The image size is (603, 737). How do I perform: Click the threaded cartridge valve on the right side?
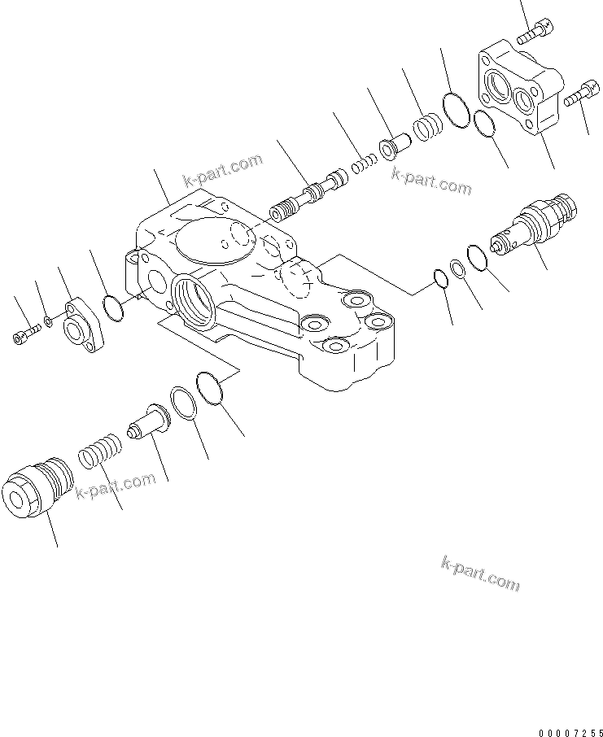[x=537, y=223]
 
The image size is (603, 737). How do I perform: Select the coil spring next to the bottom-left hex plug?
[x=100, y=451]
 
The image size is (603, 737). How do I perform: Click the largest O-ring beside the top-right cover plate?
[x=454, y=111]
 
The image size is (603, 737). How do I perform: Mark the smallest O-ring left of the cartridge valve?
[x=440, y=279]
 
